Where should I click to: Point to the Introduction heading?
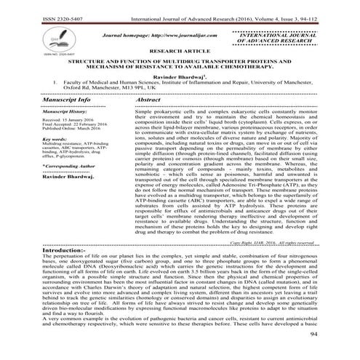pos(29,249)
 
